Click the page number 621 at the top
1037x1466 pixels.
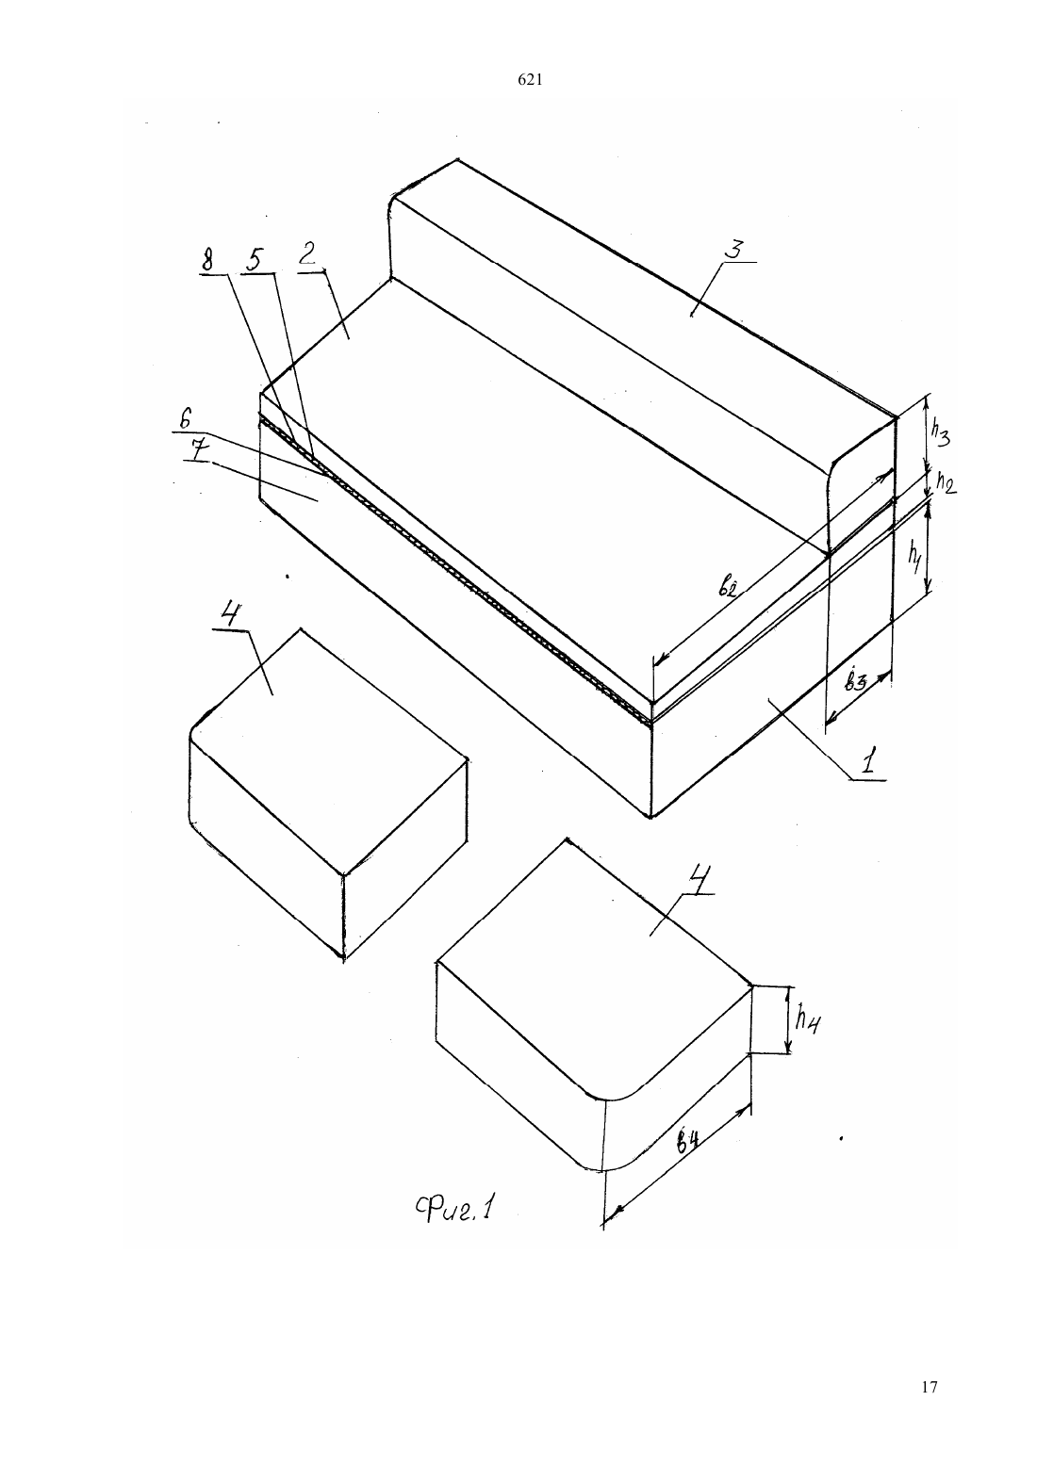(x=530, y=80)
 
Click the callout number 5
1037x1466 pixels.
(x=255, y=260)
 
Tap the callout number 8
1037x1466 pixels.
(x=208, y=260)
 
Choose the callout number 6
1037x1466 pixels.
(x=186, y=419)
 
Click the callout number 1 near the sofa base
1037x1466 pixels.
(x=868, y=763)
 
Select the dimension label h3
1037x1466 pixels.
(x=939, y=432)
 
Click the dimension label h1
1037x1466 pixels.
(x=914, y=559)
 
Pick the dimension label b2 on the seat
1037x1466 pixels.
(x=728, y=588)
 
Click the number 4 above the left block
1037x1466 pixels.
(x=229, y=616)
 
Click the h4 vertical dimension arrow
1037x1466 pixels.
(x=788, y=1019)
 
